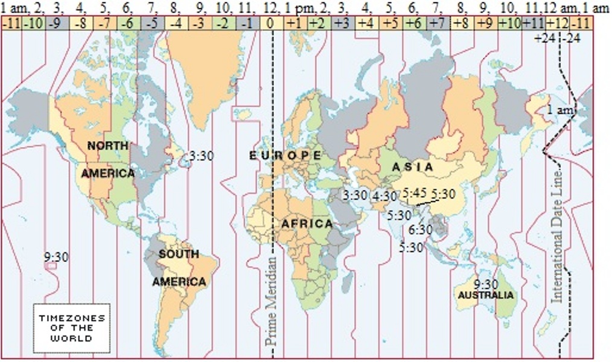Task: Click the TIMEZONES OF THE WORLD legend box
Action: coord(71,328)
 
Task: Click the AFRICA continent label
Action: coord(307,224)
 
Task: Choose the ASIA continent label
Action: coord(412,167)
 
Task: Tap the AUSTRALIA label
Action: coord(486,295)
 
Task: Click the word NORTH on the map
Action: coord(107,145)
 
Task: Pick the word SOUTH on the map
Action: coord(179,254)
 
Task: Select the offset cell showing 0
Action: coord(271,23)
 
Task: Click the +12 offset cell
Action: coord(557,23)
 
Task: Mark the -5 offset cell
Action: coord(153,23)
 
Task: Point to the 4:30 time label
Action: coord(384,196)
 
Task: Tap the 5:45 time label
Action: coord(415,193)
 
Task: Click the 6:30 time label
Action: coord(420,229)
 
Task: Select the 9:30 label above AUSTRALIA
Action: coord(486,284)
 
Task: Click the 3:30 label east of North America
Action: coord(201,155)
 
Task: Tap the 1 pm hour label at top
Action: coord(296,8)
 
